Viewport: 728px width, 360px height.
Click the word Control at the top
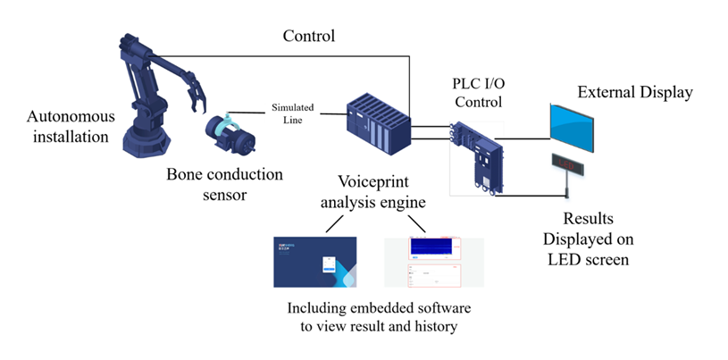point(308,37)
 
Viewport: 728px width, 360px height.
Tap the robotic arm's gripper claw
point(194,95)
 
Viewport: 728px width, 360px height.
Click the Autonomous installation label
point(68,127)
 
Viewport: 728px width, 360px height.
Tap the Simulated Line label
point(293,113)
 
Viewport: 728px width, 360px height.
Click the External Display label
point(634,92)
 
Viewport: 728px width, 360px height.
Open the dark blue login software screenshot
point(314,262)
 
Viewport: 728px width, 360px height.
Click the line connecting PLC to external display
point(527,140)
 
